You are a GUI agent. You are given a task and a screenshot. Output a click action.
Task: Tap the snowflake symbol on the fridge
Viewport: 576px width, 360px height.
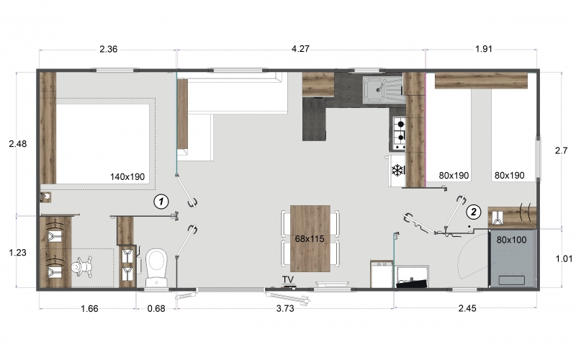397,171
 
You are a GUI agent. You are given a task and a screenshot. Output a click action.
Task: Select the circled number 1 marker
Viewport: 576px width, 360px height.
163,201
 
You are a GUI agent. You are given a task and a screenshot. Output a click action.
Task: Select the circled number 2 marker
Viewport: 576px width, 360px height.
473,212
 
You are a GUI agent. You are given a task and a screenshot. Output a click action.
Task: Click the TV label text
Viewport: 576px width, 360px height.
288,279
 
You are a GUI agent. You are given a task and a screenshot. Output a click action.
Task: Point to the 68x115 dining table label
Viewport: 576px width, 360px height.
310,238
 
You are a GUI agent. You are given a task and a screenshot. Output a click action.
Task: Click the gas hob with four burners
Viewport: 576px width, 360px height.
399,131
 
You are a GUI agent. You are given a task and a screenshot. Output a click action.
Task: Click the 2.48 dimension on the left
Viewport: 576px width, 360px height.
17,144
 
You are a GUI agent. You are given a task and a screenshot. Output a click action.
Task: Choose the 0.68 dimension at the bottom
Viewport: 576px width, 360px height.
156,310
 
